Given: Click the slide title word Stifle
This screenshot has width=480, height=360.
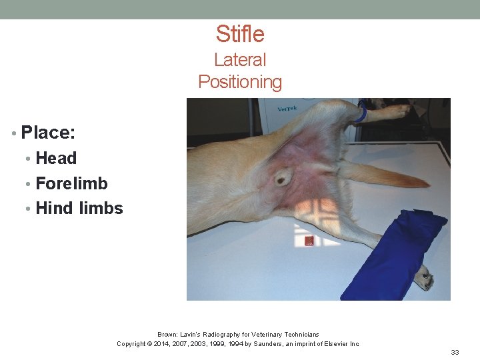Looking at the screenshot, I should (x=240, y=34).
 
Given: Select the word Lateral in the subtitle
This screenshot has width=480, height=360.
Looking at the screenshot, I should (x=240, y=60).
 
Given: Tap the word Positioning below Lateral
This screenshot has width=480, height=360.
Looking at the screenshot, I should (x=240, y=82).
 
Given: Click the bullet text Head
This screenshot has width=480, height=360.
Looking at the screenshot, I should (x=56, y=159).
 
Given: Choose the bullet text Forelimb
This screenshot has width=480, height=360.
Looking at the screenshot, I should (x=71, y=183).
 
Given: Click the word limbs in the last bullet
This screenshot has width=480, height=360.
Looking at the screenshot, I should (x=101, y=208).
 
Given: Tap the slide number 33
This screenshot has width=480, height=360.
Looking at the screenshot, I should (x=455, y=352).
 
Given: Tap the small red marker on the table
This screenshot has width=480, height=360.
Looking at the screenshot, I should (x=309, y=241).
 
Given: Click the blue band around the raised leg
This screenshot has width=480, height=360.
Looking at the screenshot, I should (x=360, y=113).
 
